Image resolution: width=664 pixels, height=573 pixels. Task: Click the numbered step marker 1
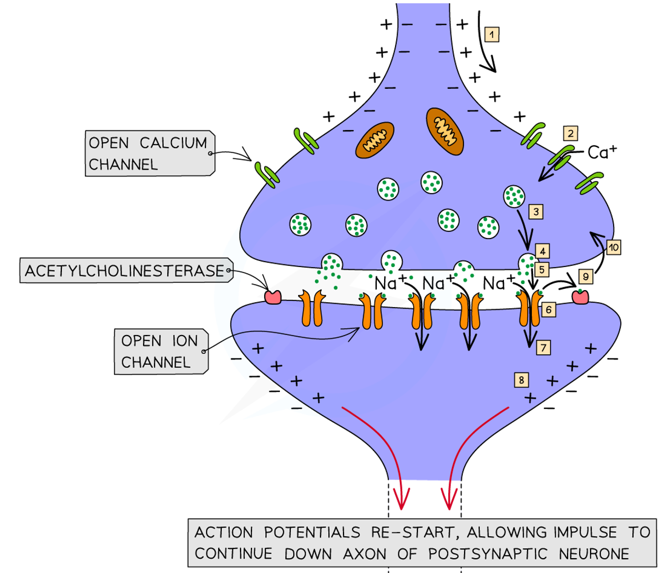tap(491, 35)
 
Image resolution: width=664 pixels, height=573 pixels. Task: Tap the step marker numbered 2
tap(570, 133)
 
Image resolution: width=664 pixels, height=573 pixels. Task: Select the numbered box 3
tap(536, 212)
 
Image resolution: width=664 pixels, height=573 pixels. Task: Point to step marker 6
tap(548, 310)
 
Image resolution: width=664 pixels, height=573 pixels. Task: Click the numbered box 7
tap(543, 348)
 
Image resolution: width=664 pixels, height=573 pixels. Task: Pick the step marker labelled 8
tap(521, 379)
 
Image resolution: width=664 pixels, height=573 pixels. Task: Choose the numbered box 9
tap(585, 276)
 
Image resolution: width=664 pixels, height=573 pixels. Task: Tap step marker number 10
tap(613, 248)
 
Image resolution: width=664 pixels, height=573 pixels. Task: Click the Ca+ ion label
tap(602, 152)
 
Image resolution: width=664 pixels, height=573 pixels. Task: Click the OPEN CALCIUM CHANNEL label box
tap(148, 154)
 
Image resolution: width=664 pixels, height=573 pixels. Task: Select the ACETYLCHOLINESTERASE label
tap(124, 271)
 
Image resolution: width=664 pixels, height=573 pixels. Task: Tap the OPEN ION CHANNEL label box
tap(160, 351)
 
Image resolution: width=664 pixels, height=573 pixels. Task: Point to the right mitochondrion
tap(445, 131)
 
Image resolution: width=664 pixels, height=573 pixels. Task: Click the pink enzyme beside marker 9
tap(580, 297)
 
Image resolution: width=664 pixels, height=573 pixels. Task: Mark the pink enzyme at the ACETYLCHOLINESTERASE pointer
tap(272, 297)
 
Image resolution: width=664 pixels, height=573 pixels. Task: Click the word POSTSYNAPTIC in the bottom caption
tap(487, 554)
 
